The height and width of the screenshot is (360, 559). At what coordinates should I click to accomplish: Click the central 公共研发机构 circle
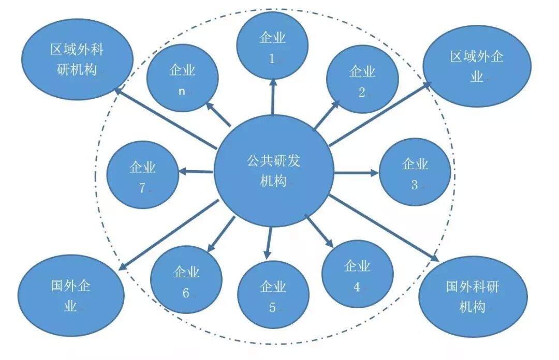click(273, 171)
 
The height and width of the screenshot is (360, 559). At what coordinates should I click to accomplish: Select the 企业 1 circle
click(272, 46)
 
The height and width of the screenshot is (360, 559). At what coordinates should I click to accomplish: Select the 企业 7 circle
click(142, 176)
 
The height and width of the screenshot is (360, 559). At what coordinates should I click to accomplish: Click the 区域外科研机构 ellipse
click(77, 59)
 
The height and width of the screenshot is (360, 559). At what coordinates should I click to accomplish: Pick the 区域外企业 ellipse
click(477, 66)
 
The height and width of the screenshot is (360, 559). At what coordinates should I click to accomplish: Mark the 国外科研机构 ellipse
click(473, 295)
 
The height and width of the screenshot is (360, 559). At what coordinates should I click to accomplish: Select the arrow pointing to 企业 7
click(197, 172)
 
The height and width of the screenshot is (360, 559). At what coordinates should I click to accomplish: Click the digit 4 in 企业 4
click(357, 287)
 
